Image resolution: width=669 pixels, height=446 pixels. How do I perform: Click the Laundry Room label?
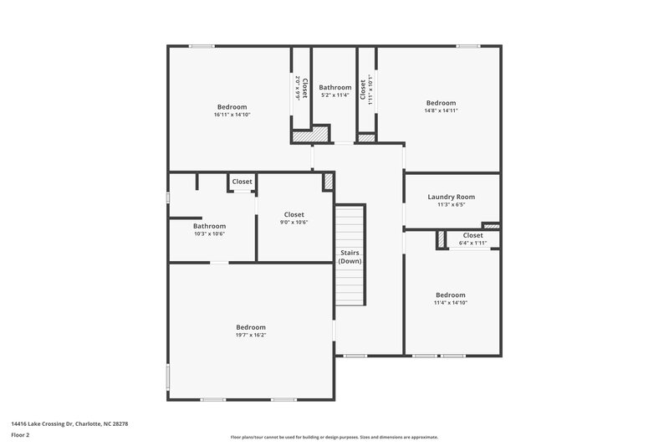coord(451,197)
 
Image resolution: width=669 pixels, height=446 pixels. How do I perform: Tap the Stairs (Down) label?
coord(350,257)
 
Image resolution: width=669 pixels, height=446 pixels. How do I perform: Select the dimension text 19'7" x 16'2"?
coord(250,335)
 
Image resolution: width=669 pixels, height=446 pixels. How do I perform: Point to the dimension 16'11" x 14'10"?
coord(232,115)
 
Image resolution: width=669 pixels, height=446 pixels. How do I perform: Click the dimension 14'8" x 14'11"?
coord(441,110)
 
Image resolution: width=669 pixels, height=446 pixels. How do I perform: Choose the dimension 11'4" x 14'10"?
coord(450,303)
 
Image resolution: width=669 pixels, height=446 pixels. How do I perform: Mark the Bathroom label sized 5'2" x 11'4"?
coord(334,87)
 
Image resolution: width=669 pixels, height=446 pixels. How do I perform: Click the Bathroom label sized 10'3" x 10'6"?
coord(209,226)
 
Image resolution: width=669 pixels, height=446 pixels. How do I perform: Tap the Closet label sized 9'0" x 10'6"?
coord(294,214)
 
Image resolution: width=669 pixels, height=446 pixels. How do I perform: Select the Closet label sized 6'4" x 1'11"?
coord(472,235)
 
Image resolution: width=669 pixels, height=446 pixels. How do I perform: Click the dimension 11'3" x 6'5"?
coord(451,204)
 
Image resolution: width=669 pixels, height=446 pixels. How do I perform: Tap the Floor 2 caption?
coord(21,435)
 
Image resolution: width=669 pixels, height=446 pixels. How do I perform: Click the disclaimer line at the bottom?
coord(334,437)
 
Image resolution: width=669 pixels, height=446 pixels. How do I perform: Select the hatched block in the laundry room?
coord(492,225)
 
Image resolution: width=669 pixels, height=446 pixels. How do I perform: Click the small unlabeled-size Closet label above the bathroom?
coord(243,182)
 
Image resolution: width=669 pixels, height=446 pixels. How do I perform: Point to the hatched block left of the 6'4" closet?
coord(440,240)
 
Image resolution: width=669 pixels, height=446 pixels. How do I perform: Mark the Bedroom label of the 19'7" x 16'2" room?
coord(250,327)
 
